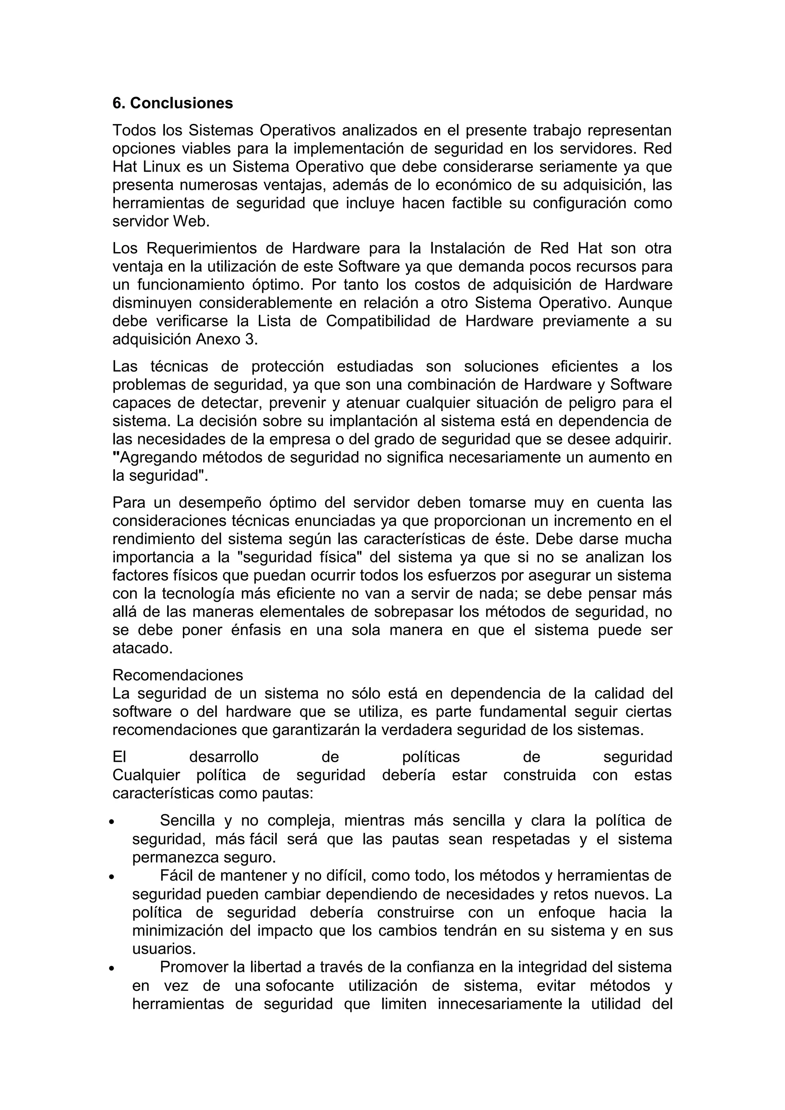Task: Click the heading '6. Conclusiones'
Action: click(172, 103)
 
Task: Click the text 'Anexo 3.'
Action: click(227, 339)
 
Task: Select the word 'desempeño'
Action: click(215, 503)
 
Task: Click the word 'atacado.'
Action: click(143, 648)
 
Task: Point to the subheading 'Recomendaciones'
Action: click(177, 675)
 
